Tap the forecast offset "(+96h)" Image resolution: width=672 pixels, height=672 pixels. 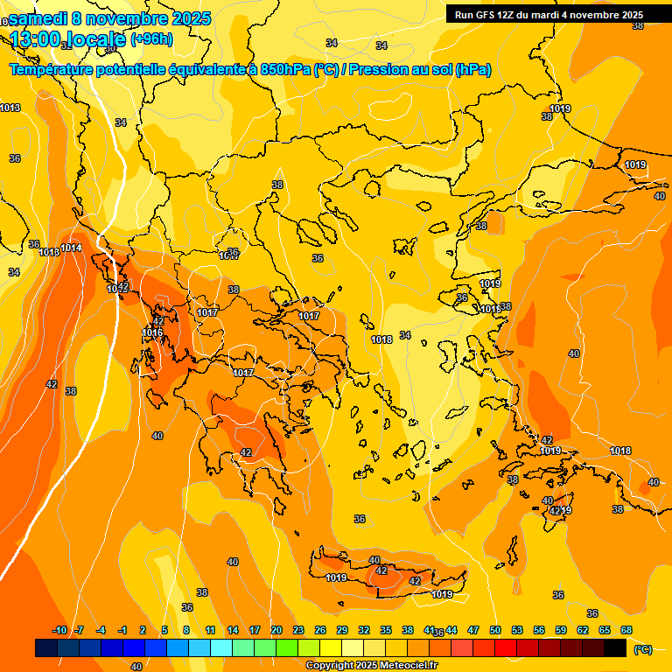click(151, 38)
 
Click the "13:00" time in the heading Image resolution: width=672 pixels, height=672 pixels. click(36, 39)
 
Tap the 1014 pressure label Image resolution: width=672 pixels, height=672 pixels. click(71, 248)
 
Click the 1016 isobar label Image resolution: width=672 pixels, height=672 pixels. click(152, 332)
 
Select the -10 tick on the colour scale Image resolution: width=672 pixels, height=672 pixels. click(59, 630)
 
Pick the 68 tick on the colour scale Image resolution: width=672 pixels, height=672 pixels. click(626, 630)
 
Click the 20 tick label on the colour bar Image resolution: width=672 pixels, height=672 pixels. click(276, 630)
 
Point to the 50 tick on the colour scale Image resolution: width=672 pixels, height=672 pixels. click(495, 630)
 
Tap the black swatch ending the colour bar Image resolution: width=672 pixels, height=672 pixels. click(615, 647)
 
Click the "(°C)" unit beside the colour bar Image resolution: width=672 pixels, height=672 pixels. click(642, 648)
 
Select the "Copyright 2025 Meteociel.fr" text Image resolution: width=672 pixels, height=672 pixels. click(371, 665)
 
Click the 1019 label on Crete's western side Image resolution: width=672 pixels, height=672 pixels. click(336, 577)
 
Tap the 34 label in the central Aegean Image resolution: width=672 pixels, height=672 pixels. click(405, 335)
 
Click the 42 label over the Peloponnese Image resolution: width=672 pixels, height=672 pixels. click(246, 452)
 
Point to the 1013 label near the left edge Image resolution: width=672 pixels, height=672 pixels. click(10, 108)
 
